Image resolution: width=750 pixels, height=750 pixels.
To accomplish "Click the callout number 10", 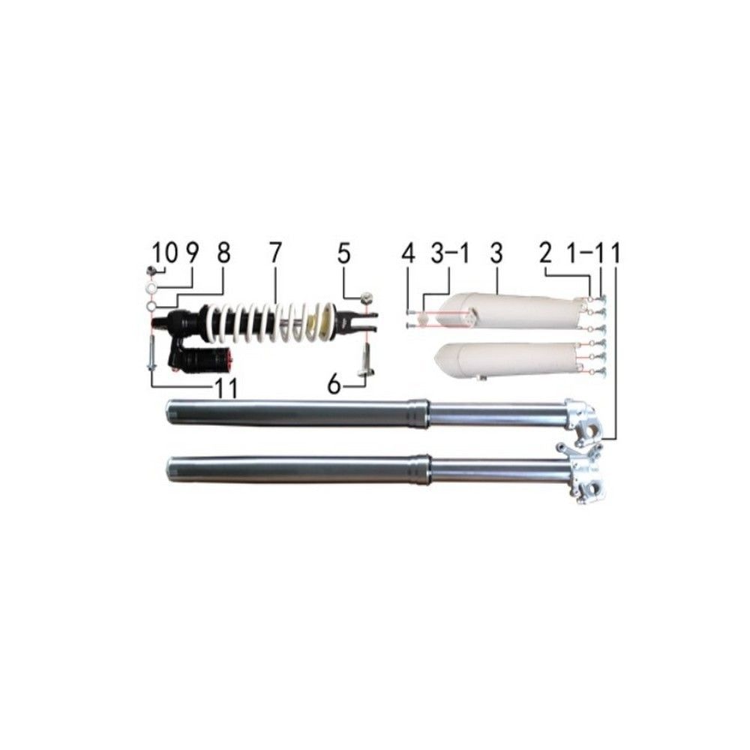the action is tap(164, 253).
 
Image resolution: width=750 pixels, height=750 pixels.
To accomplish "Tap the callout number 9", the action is tap(191, 253).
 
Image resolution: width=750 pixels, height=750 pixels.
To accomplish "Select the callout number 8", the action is tap(223, 253).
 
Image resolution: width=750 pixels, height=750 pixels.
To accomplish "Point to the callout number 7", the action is tap(274, 253).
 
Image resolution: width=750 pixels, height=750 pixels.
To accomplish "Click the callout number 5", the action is tap(344, 253).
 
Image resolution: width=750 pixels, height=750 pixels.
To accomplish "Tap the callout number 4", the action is tap(408, 253).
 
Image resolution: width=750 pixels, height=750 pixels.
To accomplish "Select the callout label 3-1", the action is tap(449, 253).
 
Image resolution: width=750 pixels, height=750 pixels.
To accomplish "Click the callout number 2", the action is tap(545, 253).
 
